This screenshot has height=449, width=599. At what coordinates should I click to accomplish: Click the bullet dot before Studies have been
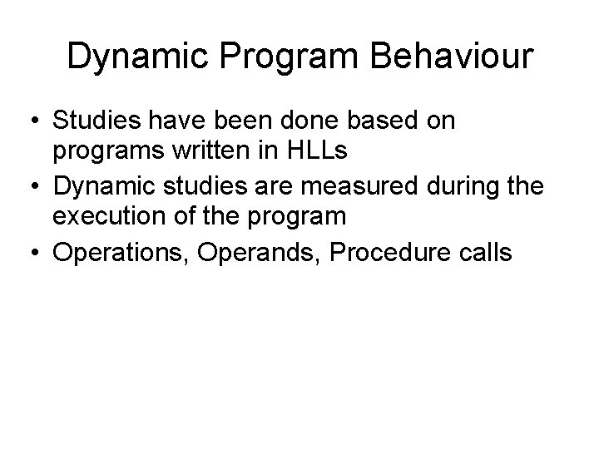pos(37,121)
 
